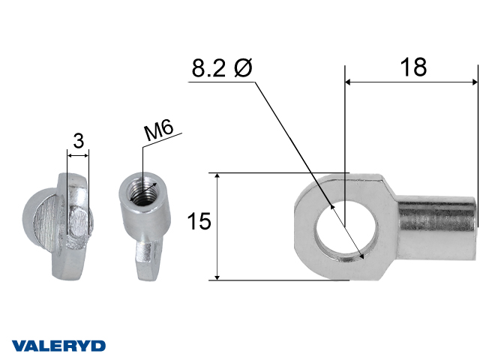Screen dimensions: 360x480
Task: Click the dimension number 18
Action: click(412, 67)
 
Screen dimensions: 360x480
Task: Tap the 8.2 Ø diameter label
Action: click(223, 68)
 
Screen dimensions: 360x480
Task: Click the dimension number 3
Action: click(78, 139)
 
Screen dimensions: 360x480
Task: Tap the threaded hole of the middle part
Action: click(139, 187)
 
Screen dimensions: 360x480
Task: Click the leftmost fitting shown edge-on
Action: click(67, 224)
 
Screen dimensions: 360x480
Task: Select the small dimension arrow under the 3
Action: click(78, 155)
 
